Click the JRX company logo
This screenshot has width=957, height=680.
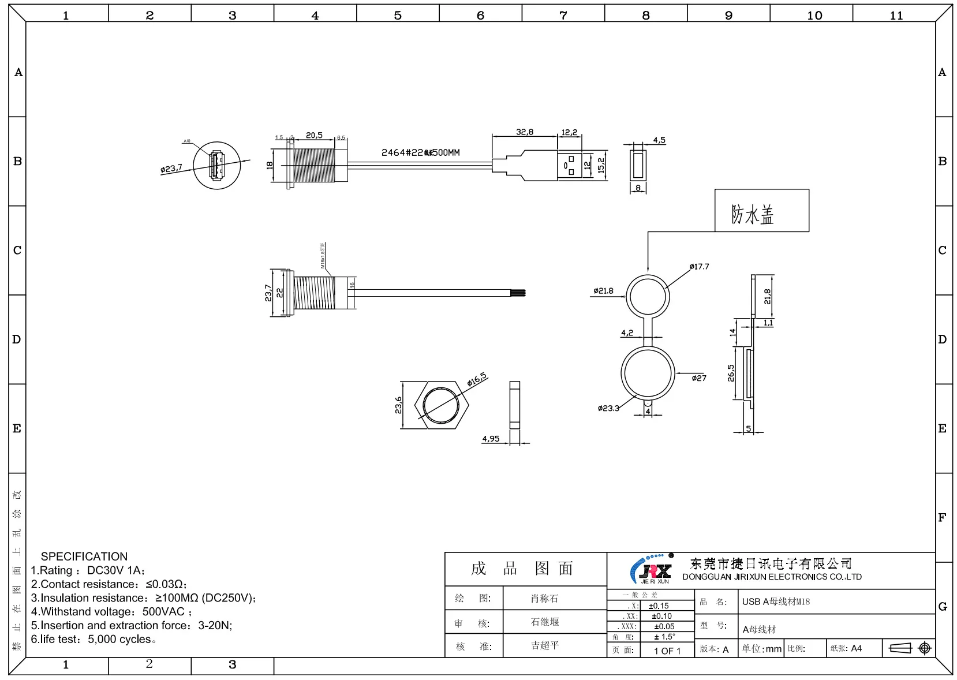pyautogui.click(x=651, y=570)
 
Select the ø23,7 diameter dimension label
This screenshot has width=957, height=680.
pyautogui.click(x=171, y=169)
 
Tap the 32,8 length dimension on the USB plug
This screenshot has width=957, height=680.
pyautogui.click(x=524, y=132)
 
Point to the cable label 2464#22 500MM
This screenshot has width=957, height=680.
pyautogui.click(x=420, y=153)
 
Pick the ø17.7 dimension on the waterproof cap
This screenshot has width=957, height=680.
pyautogui.click(x=699, y=267)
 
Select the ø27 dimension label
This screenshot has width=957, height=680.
pyautogui.click(x=698, y=378)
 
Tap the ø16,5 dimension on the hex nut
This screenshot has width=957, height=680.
pyautogui.click(x=477, y=379)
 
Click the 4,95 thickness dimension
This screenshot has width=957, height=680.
pyautogui.click(x=491, y=439)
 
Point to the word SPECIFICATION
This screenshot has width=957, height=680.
pyautogui.click(x=84, y=556)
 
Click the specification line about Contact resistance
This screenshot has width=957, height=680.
pyautogui.click(x=109, y=584)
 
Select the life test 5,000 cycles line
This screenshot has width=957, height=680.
pyautogui.click(x=94, y=640)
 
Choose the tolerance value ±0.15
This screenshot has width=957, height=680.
pyautogui.click(x=659, y=606)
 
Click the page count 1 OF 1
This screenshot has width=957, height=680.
pyautogui.click(x=667, y=651)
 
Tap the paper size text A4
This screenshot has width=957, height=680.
pyautogui.click(x=856, y=648)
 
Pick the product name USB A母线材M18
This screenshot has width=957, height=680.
pyautogui.click(x=776, y=601)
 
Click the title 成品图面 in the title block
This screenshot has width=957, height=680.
pyautogui.click(x=522, y=569)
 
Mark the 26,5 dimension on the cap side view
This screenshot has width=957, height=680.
pyautogui.click(x=731, y=373)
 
